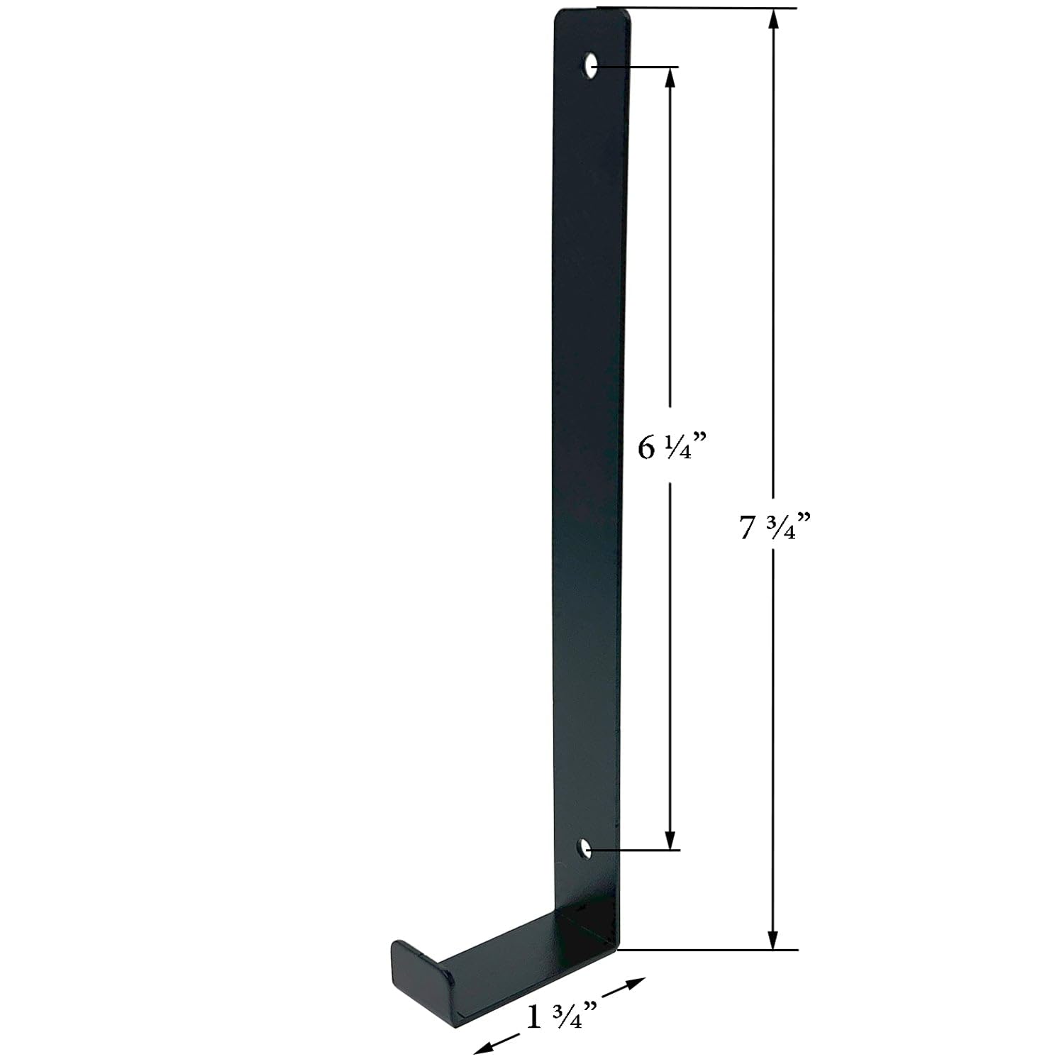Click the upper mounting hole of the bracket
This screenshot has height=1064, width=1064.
590,66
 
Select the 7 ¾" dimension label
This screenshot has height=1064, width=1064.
774,527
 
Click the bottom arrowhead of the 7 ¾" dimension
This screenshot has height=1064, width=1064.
773,938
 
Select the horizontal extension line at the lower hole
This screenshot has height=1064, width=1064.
638,849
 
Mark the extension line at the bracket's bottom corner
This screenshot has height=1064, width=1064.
709,949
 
